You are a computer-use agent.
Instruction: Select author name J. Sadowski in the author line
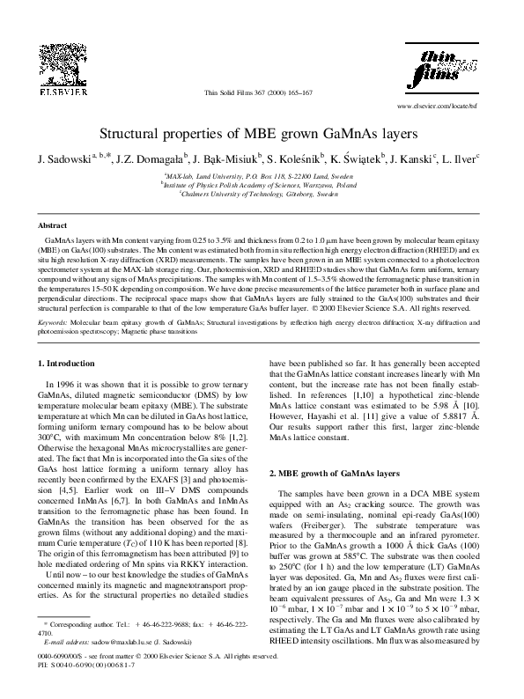[62, 163]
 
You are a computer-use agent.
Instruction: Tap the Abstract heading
[52, 226]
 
